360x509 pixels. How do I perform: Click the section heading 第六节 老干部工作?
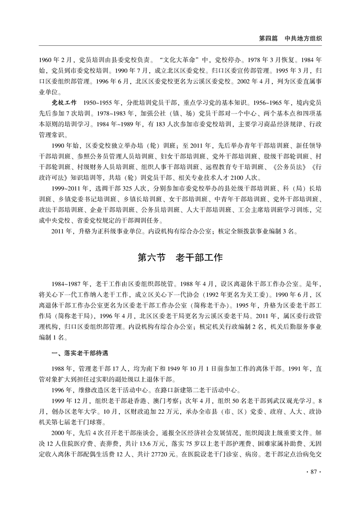(180, 258)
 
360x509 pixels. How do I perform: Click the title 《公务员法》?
(281, 166)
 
